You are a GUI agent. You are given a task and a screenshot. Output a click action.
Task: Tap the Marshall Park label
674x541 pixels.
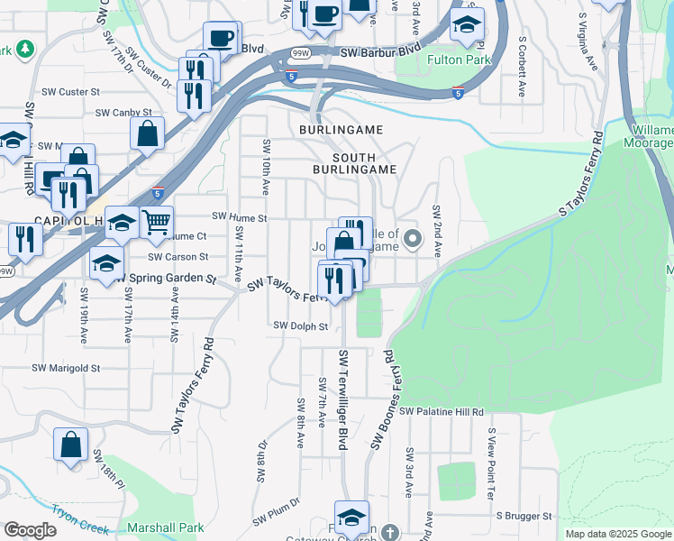(166, 528)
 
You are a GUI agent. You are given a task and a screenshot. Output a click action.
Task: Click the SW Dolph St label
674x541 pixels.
(300, 326)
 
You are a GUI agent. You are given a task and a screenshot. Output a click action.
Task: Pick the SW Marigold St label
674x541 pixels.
(66, 368)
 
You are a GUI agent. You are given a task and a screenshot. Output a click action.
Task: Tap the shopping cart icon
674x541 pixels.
(157, 220)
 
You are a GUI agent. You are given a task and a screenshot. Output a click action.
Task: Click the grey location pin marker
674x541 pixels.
(414, 239)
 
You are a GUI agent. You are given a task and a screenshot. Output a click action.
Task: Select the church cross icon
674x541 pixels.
(388, 531)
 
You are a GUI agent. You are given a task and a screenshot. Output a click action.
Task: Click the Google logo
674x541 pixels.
(30, 530)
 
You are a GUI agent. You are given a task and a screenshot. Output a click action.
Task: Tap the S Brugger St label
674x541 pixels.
(524, 517)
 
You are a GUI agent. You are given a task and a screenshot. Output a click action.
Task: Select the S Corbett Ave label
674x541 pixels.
(522, 66)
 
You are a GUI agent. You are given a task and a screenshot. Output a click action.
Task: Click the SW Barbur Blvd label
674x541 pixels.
(380, 52)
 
